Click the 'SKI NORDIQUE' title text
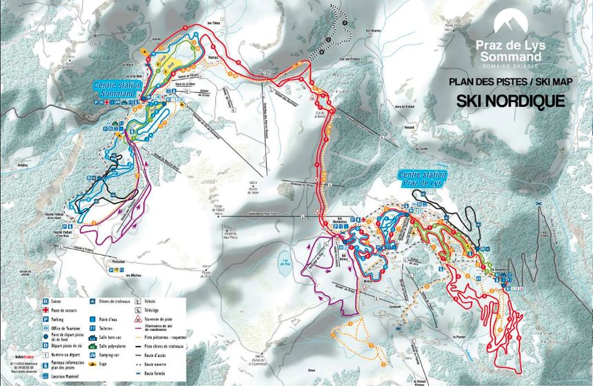[x=511, y=101]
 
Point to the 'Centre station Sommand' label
[x=118, y=88]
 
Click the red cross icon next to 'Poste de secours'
[x=46, y=310]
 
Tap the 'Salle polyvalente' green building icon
[x=94, y=345]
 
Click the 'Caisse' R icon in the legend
[x=46, y=301]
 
